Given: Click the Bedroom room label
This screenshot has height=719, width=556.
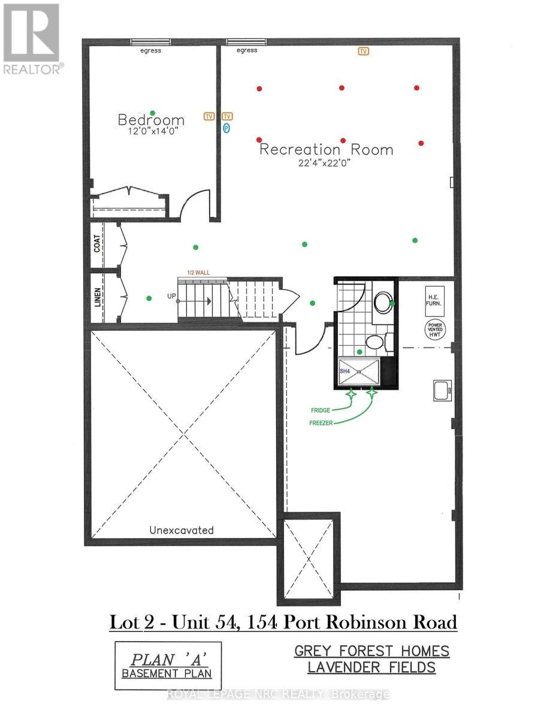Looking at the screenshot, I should pyautogui.click(x=151, y=120).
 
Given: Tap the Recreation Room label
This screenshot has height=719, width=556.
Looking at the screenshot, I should pyautogui.click(x=326, y=149).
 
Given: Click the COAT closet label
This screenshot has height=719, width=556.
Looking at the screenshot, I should pyautogui.click(x=98, y=242).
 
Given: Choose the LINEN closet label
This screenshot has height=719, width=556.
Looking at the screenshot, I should pyautogui.click(x=98, y=297).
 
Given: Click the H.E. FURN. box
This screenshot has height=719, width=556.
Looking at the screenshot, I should pyautogui.click(x=434, y=300).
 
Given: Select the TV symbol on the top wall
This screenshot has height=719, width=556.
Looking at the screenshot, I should pyautogui.click(x=363, y=52).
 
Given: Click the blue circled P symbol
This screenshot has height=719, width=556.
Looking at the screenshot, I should pyautogui.click(x=226, y=127).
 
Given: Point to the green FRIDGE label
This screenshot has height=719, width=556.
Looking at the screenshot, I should pyautogui.click(x=321, y=410).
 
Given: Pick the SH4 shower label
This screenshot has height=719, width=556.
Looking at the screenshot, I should pyautogui.click(x=345, y=372).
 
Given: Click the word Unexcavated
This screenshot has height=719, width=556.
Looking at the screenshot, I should pyautogui.click(x=182, y=530).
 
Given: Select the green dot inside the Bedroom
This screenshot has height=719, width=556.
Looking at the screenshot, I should pyautogui.click(x=153, y=113).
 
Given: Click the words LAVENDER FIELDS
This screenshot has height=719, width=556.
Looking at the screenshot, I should pyautogui.click(x=371, y=667).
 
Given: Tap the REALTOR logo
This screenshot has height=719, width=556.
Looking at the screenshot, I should pyautogui.click(x=31, y=39).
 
